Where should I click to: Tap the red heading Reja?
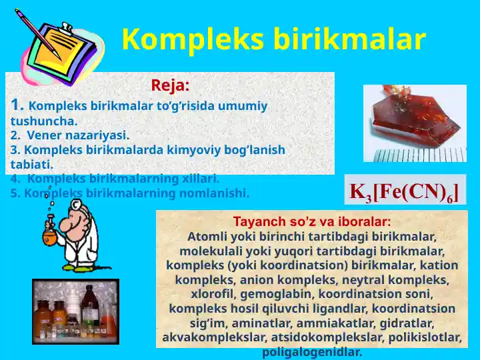(x=170, y=85)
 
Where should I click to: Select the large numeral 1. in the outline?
(x=18, y=105)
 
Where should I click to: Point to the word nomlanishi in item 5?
(x=219, y=193)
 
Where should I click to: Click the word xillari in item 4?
(x=198, y=179)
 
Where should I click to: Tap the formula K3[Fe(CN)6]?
(x=404, y=191)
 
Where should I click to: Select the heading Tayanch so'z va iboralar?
(x=312, y=221)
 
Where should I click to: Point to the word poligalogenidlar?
(x=312, y=352)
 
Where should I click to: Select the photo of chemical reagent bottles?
(x=75, y=311)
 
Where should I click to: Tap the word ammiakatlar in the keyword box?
(x=341, y=323)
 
